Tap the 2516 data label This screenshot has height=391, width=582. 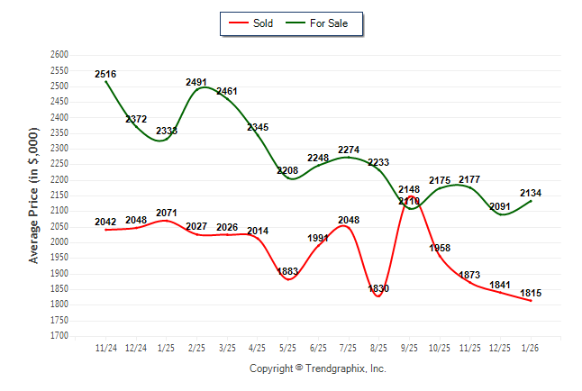tap(105, 74)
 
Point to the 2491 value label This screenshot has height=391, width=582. tap(196, 82)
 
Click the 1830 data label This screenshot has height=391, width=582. tap(379, 288)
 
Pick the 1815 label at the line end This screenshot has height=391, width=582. tap(531, 294)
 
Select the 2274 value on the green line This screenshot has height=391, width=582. tap(349, 150)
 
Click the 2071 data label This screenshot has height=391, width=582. tap(166, 214)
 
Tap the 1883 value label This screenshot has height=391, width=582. tap(288, 271)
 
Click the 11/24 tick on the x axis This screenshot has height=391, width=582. tap(105, 347)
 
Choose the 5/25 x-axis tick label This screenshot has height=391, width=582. tap(288, 347)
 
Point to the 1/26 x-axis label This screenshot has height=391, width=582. tap(531, 347)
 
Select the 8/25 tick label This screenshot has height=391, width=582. tap(379, 347)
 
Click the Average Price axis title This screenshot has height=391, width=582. tap(34, 195)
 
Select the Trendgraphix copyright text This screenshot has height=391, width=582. tap(317, 369)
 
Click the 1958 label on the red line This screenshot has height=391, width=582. tap(440, 248)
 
